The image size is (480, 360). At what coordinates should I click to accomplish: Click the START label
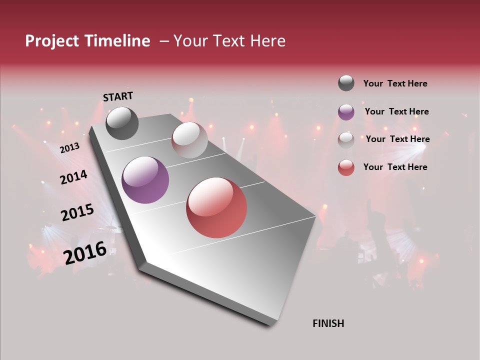click(x=118, y=96)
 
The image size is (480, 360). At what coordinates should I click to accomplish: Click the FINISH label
click(x=328, y=323)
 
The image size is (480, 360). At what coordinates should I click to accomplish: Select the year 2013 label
click(x=69, y=148)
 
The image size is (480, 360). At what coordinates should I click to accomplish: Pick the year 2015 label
click(x=77, y=212)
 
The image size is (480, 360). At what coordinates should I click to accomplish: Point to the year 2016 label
click(x=85, y=253)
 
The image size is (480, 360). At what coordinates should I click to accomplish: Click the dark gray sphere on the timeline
click(x=122, y=123)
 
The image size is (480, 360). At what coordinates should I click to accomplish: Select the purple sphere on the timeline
click(x=145, y=180)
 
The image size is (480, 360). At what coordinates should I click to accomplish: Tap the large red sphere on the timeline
click(x=216, y=207)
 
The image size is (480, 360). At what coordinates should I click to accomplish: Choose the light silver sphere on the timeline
click(x=189, y=140)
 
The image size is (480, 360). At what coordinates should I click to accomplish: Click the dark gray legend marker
click(x=346, y=83)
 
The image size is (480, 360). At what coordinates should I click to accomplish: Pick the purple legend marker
click(x=346, y=112)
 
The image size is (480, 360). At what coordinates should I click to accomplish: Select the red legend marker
click(x=346, y=167)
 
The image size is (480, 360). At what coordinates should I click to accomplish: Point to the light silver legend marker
click(x=346, y=139)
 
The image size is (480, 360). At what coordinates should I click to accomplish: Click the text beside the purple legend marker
click(x=396, y=111)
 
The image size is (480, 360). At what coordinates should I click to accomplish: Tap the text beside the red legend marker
click(x=395, y=167)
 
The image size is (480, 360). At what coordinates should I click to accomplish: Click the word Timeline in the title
click(x=117, y=41)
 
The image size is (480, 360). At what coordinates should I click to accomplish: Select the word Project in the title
click(x=52, y=41)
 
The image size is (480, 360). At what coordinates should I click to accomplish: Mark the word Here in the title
click(x=268, y=41)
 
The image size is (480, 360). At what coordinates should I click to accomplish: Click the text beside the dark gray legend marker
click(x=395, y=83)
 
